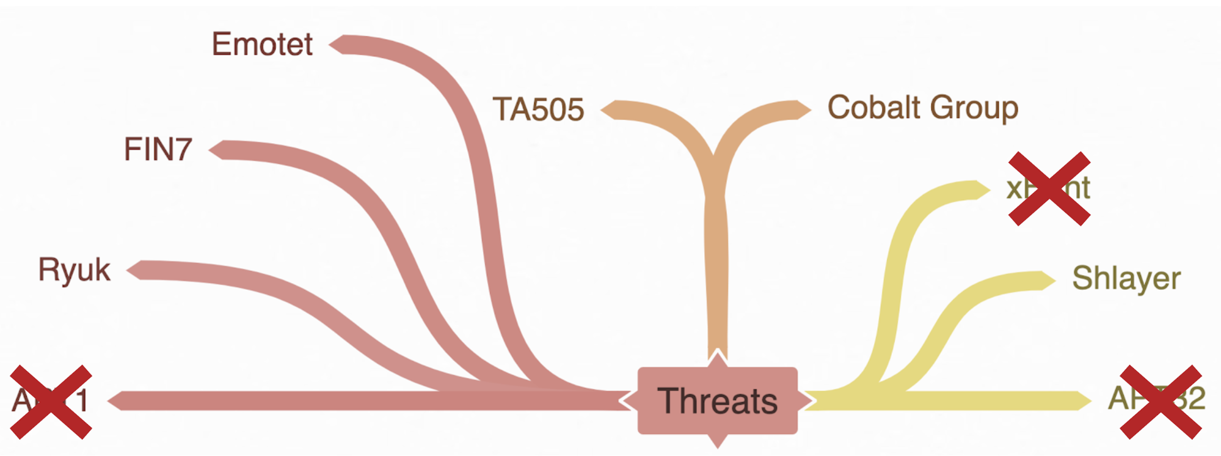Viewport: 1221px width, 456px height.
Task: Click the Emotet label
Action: coord(262,44)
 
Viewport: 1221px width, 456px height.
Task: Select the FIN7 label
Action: coord(158,149)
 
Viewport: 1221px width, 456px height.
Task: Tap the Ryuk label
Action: coord(75,270)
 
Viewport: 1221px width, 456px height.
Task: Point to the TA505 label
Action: coord(538,109)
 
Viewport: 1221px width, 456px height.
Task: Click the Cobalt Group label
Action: coord(922,108)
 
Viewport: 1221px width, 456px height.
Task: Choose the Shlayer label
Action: coord(1126,279)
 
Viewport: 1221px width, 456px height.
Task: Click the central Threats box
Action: coord(718,401)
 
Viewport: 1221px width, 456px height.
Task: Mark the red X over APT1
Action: coord(51,402)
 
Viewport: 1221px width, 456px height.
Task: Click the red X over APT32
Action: coord(1161,402)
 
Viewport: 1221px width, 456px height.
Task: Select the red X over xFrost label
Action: coord(1049,188)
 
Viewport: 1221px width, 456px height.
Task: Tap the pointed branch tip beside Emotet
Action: coord(335,44)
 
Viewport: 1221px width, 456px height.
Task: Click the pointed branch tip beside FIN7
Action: coord(216,150)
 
